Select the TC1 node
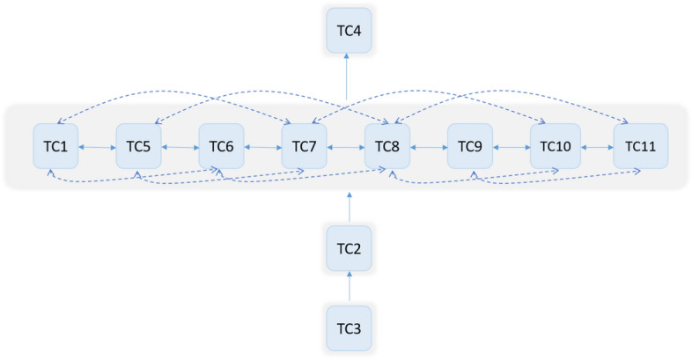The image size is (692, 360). point(56,146)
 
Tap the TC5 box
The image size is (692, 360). point(139,146)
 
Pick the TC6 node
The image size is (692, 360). point(222,146)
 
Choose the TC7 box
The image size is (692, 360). point(305,146)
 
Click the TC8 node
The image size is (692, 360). point(387,146)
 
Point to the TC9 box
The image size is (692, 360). point(470,146)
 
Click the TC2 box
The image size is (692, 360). point(349,248)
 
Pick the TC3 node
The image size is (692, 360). point(349,328)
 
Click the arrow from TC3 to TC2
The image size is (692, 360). point(349,288)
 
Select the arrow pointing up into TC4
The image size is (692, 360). point(349,79)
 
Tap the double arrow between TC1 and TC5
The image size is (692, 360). point(98,147)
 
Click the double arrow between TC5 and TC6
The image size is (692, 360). point(180,147)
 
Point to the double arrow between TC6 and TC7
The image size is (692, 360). point(263,147)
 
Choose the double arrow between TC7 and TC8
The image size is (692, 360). point(346,147)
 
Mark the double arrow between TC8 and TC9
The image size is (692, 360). point(429,147)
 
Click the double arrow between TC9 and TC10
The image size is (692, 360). point(512,147)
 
